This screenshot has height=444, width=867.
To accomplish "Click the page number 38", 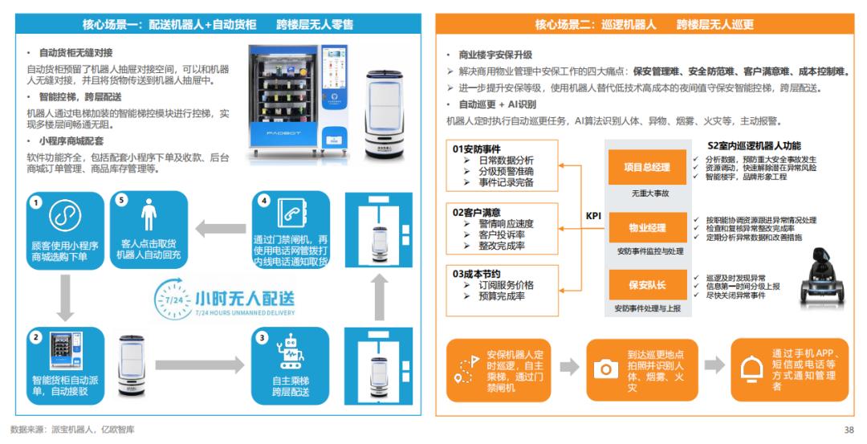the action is [849, 430].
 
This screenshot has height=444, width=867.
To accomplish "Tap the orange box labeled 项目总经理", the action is [647, 168].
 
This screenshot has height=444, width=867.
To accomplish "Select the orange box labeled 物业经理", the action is [647, 227].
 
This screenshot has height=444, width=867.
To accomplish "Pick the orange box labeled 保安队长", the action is [647, 285].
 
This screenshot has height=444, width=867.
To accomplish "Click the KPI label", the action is [593, 216].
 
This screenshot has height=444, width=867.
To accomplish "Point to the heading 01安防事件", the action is [476, 149].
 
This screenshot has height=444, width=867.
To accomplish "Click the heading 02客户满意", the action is [476, 212].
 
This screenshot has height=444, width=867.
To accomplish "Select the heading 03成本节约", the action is [476, 274].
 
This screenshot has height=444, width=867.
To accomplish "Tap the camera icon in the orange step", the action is [606, 369].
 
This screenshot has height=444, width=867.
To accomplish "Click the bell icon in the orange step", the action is [751, 369].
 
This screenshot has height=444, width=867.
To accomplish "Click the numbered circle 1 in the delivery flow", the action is [36, 202].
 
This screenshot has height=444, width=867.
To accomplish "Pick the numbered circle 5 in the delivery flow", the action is [122, 200].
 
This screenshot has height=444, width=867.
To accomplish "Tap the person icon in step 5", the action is [149, 214].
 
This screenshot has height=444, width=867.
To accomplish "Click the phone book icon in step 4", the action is [291, 214].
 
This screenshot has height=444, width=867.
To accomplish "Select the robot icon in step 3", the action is [290, 352].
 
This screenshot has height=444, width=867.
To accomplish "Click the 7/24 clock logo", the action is [173, 299].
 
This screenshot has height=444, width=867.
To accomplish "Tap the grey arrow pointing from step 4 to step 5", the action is [221, 229].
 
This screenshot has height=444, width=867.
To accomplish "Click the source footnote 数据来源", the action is [72, 430].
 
